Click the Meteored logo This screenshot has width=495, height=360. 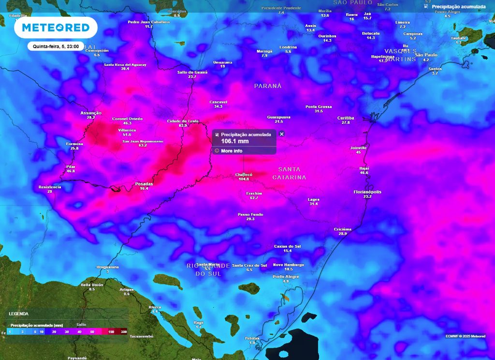tap(56, 27)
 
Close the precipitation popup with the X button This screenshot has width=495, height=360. tap(282, 134)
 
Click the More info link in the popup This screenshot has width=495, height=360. tap(232, 151)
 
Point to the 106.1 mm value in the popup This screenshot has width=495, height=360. tap(235, 141)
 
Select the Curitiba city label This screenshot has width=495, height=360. tap(346, 118)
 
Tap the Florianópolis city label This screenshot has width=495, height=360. tap(367, 192)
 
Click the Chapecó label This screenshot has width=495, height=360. tap(244, 175)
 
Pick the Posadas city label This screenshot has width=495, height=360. tap(144, 184)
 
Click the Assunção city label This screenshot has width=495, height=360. tap(91, 113)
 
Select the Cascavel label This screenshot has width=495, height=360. tap(218, 102)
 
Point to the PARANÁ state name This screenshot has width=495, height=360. tap(268, 86)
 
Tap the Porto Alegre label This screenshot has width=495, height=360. tap(286, 276)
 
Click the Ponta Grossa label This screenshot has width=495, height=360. tap(319, 106)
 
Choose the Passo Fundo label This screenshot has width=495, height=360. tap(250, 214)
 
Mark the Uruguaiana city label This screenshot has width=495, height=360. tap(107, 267)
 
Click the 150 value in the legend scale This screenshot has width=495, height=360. tap(111, 331)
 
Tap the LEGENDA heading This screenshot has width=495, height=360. tap(18, 314)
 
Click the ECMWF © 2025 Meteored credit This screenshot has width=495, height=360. tap(466, 336)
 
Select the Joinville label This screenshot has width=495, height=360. tap(358, 148)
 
